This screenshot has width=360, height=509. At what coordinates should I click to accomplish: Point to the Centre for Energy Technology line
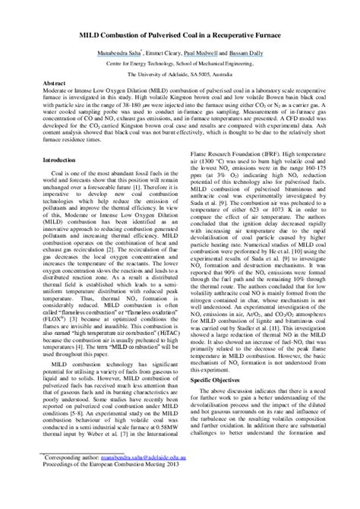[x=179, y=65]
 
